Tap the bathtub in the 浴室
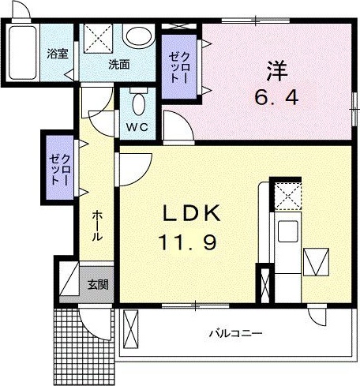tap(23, 51)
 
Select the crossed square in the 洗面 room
tap(100, 38)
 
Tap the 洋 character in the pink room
tap(276, 72)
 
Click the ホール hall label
tap(96, 226)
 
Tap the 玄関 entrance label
tap(96, 284)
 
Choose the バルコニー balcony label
tap(235, 334)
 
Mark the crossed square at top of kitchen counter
tap(284, 193)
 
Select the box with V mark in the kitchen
tap(316, 261)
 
